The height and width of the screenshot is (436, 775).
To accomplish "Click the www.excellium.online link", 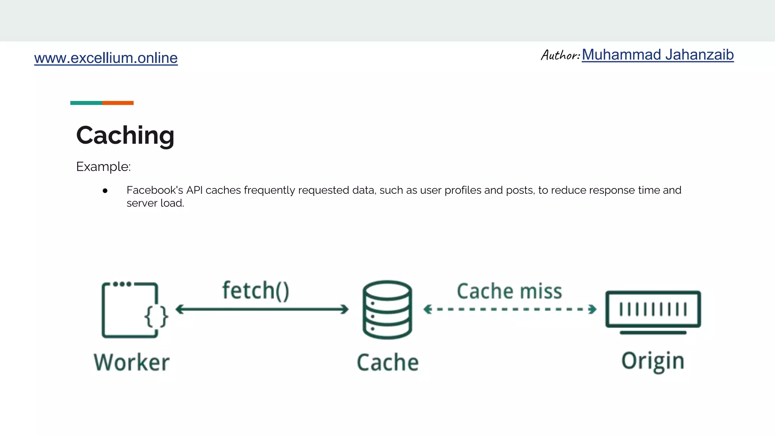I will click(x=106, y=58).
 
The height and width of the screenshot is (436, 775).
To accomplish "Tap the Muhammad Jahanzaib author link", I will click(x=658, y=55).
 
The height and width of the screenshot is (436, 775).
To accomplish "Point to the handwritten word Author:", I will click(x=560, y=55).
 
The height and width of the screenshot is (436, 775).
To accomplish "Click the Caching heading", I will click(x=125, y=135).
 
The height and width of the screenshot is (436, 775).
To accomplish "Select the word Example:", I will click(x=103, y=167).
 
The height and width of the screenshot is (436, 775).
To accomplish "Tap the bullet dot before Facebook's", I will click(x=105, y=191).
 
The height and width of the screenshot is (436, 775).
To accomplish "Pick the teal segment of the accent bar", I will click(x=86, y=103).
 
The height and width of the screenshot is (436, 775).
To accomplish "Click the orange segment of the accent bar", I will click(x=118, y=103).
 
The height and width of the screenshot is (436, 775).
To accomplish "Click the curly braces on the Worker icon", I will click(x=156, y=316).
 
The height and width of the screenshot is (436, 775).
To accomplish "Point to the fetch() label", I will click(x=256, y=291).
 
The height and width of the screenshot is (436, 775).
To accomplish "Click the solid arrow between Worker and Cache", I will click(x=262, y=309).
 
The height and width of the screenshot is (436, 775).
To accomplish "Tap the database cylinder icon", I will click(x=387, y=309).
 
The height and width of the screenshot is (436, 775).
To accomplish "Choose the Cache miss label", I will click(x=509, y=291).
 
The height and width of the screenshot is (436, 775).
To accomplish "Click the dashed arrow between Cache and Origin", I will click(x=510, y=309).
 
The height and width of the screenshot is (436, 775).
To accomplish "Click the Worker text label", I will click(x=132, y=362).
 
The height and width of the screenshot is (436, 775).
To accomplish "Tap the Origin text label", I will click(x=653, y=361).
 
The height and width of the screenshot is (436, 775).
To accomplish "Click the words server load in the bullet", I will click(x=155, y=203).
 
